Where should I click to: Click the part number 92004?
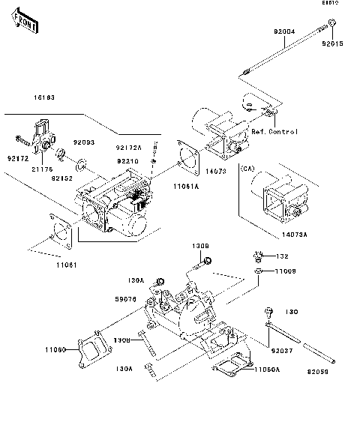click(x=283, y=32)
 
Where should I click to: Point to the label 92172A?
click(x=128, y=148)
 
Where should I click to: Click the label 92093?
click(x=83, y=142)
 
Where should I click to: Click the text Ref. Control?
click(x=274, y=132)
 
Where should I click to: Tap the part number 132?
click(x=283, y=256)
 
